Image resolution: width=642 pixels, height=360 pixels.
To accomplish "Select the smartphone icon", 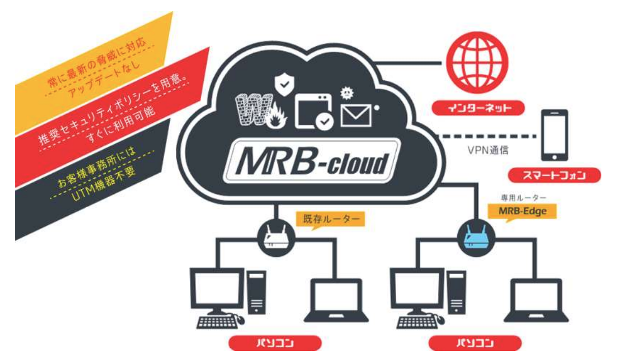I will (554, 135).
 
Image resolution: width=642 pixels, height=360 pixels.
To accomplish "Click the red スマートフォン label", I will (554, 176).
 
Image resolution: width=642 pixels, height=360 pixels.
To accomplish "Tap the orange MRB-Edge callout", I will (523, 210).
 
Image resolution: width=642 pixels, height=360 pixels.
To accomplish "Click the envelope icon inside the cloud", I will (356, 115).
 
